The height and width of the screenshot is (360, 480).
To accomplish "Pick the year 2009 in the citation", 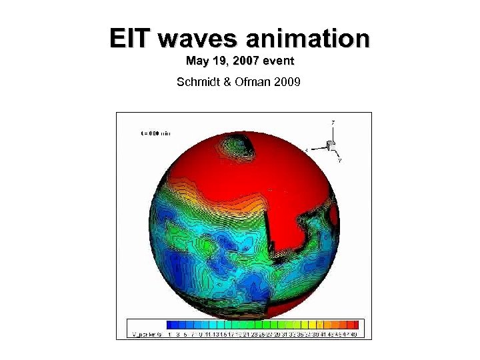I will tap(288, 83).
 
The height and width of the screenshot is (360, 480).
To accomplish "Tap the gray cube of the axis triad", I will tap(329, 145).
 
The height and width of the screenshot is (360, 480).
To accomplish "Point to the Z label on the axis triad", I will tap(333, 122).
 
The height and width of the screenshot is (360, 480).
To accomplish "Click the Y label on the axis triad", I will tap(340, 160).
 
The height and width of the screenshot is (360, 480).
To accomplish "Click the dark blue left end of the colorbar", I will tap(171, 324).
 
